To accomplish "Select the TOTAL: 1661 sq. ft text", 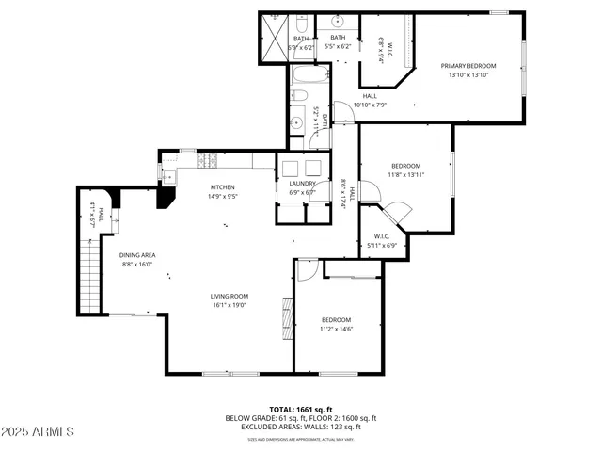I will coord(300,410).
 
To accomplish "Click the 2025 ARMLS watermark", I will coord(38,431).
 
